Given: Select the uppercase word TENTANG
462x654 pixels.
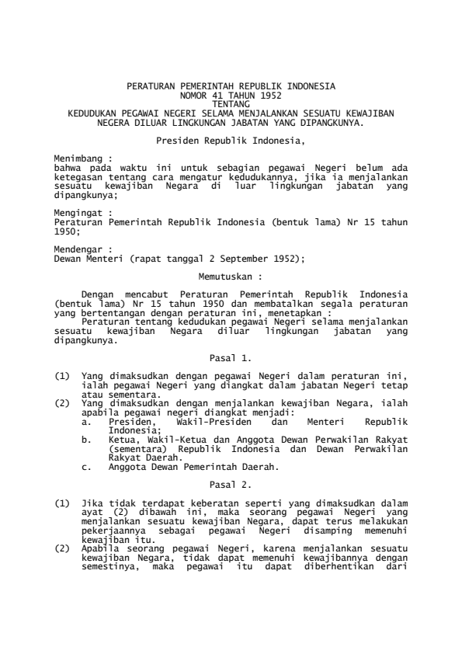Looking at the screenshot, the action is point(231,101).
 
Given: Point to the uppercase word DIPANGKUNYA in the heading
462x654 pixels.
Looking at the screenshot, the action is point(329,123).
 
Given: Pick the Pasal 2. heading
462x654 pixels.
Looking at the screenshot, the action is point(231,483).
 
